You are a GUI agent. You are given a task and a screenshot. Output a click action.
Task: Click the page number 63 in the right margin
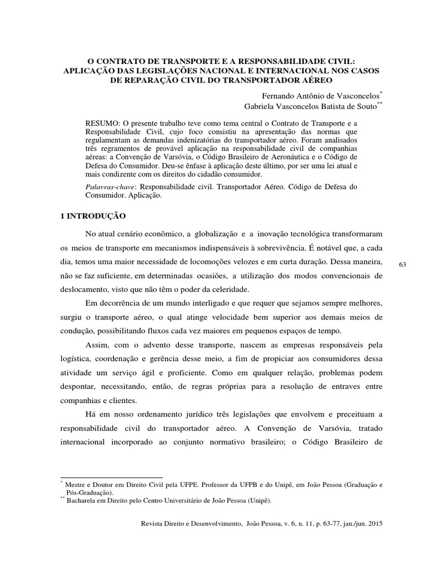click(x=402, y=265)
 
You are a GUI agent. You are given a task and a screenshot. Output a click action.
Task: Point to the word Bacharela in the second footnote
click(x=83, y=501)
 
